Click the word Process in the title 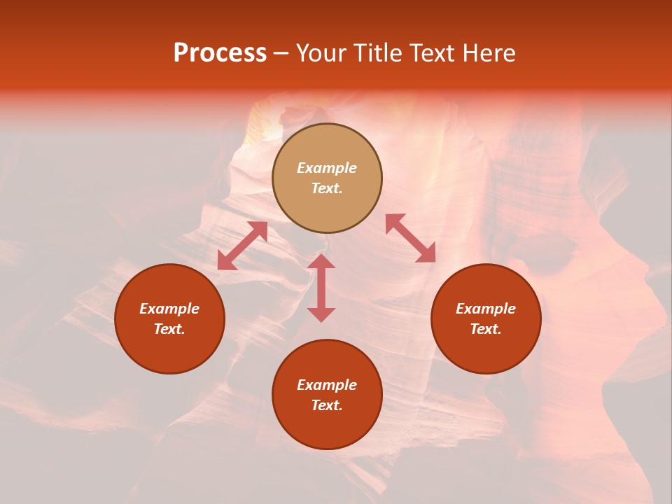tap(220, 53)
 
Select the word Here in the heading tap(488, 53)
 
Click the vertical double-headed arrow tap(321, 288)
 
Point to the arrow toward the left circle tap(242, 246)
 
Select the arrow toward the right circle tap(410, 238)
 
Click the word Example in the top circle tap(327, 168)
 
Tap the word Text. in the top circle tap(327, 188)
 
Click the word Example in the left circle tap(169, 309)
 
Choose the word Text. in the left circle tap(169, 329)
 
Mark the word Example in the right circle tap(486, 309)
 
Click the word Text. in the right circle tap(486, 329)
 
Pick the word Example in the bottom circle tap(327, 385)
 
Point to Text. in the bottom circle tap(327, 405)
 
